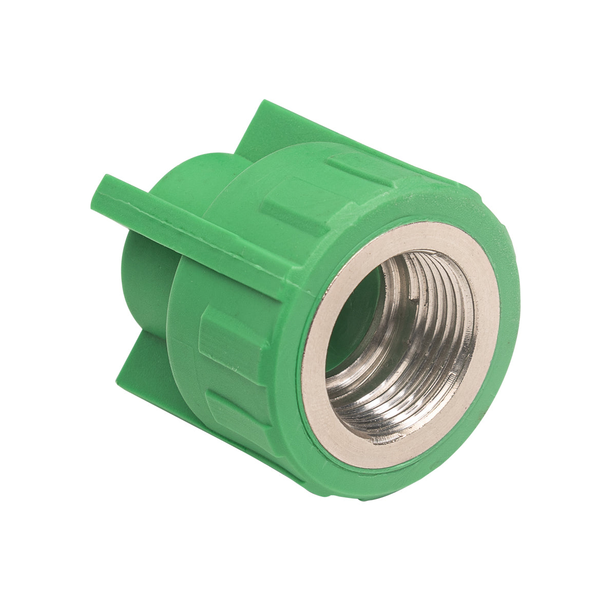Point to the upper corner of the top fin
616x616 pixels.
click(264, 103)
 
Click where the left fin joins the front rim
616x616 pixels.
click(303, 280)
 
